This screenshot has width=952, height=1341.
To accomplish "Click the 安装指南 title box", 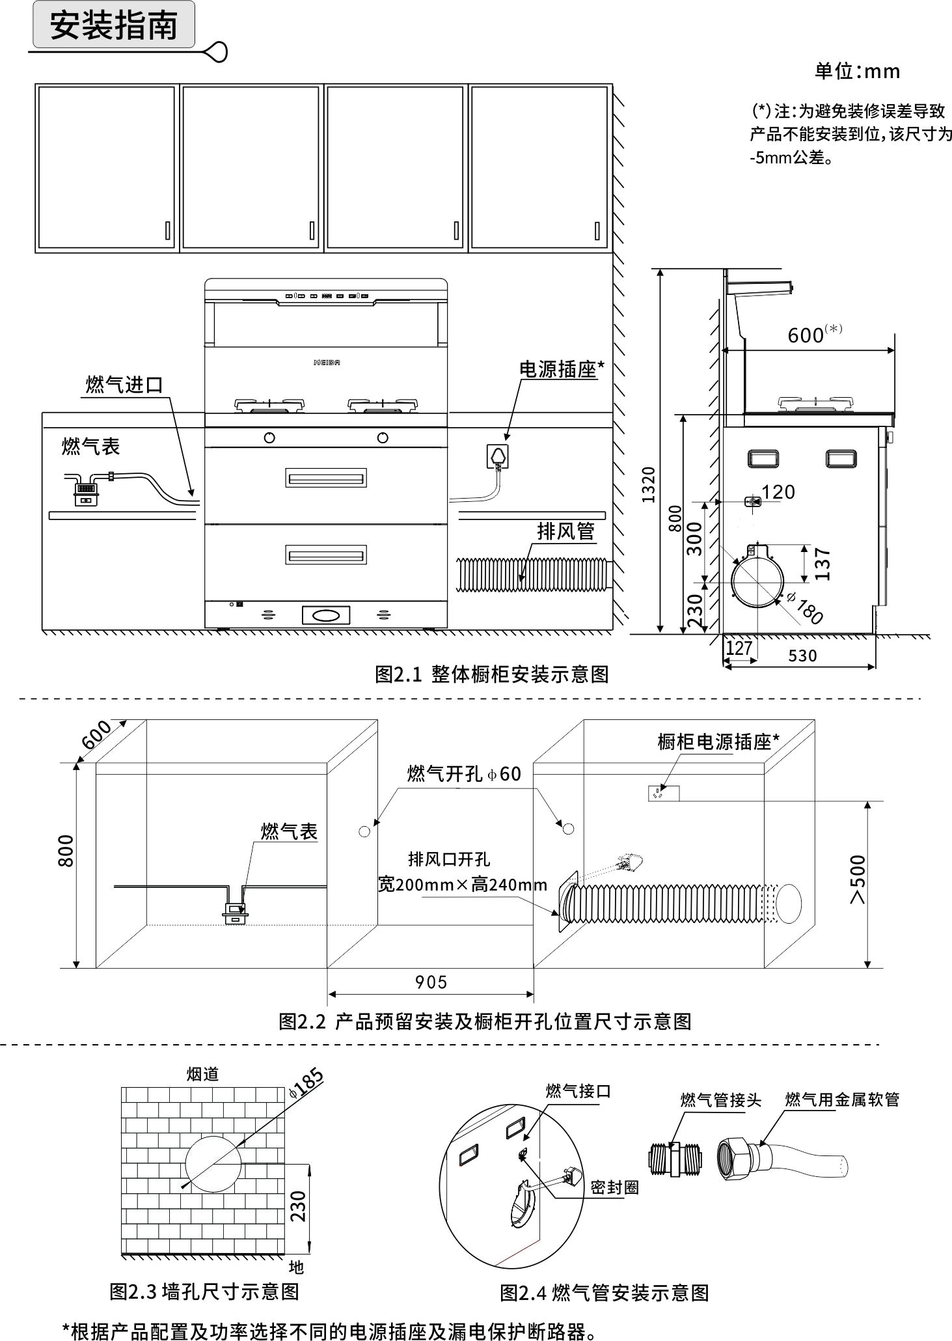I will tap(114, 25).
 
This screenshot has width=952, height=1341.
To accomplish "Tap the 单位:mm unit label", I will tap(857, 71).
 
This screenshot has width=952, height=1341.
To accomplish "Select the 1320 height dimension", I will tap(648, 484).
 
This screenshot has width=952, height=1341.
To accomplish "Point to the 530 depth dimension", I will tap(802, 656).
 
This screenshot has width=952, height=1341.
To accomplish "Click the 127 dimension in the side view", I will tap(739, 648).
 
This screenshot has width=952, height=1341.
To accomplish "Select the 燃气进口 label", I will tap(124, 385).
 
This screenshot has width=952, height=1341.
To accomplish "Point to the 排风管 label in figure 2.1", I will tap(565, 531).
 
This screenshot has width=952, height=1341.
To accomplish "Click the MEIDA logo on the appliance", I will tap(327, 363).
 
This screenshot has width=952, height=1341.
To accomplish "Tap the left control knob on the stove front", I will tap(269, 438).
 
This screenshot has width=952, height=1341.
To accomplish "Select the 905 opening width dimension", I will tap(431, 982).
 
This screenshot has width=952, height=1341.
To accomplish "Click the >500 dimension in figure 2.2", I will tap(858, 879).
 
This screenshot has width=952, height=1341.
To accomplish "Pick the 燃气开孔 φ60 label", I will tap(464, 774).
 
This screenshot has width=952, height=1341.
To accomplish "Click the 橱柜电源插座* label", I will tap(718, 741).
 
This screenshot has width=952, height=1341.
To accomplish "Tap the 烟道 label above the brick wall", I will tap(202, 1073).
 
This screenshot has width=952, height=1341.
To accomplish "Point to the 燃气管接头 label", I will tap(720, 1100).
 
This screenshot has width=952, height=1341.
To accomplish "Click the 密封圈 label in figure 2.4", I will tap(614, 1187).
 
